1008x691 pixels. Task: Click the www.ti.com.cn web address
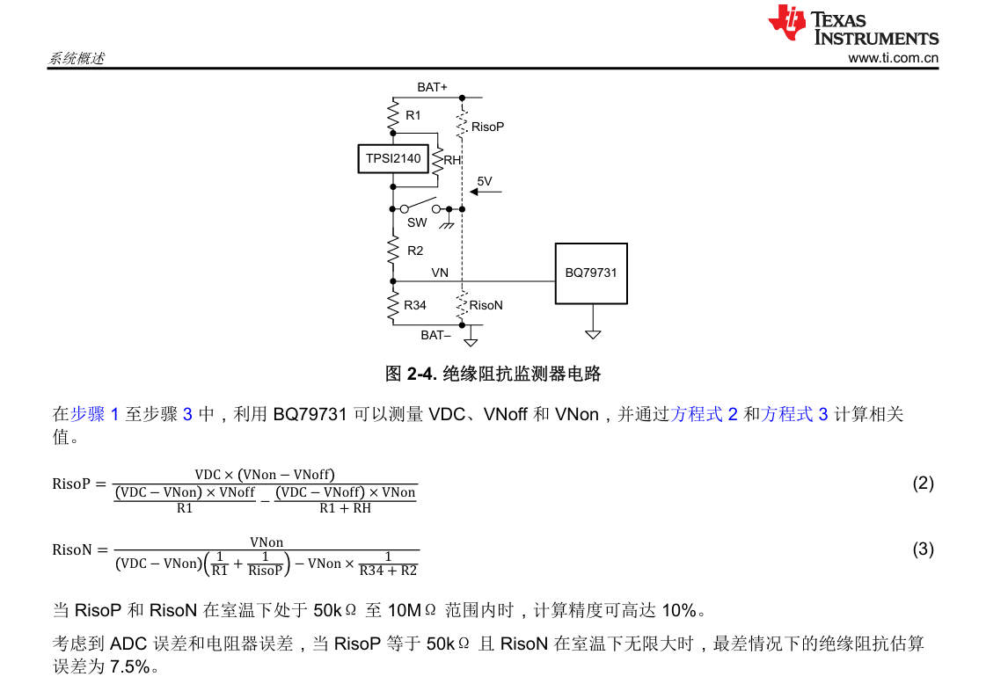tap(893, 58)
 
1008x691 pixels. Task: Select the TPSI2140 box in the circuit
tap(393, 159)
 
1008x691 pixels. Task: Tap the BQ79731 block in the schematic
tap(591, 273)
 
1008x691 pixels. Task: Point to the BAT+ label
tap(432, 87)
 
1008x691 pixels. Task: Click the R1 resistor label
tap(413, 115)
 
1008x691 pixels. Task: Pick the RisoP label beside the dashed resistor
tap(487, 127)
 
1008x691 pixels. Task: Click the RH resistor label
tap(452, 160)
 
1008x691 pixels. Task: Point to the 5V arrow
tap(486, 189)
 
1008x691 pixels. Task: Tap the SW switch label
tap(417, 223)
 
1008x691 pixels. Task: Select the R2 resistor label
tap(415, 251)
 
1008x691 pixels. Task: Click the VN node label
tap(440, 273)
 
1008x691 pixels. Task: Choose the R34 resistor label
tap(415, 305)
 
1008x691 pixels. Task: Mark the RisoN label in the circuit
tap(486, 305)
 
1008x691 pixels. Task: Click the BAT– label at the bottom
tap(435, 335)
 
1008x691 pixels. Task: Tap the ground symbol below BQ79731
tap(593, 334)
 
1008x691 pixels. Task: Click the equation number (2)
tap(923, 483)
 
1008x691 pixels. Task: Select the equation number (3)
tap(923, 549)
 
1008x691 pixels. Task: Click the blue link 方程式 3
tap(794, 414)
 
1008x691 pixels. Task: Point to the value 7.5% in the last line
tap(129, 666)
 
